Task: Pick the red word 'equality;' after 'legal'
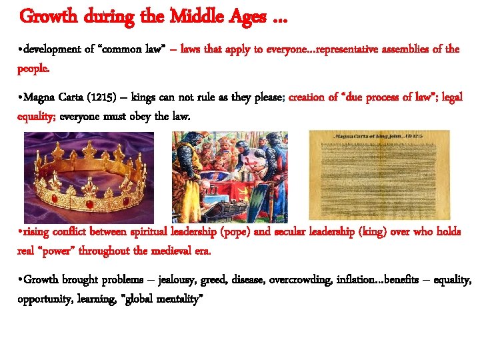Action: (x=37, y=117)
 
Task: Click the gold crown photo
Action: (x=89, y=177)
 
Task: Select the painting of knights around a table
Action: (x=231, y=177)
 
